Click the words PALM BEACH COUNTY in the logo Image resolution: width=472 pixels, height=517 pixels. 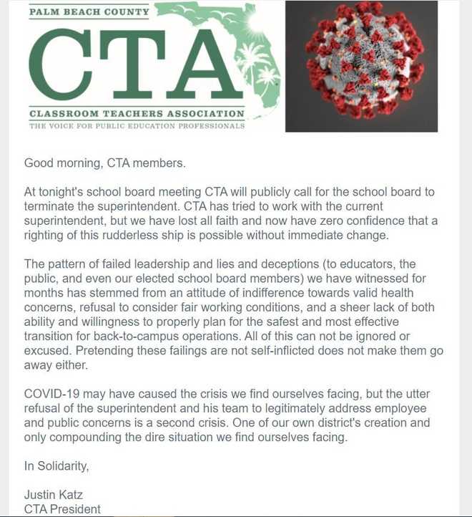click(90, 12)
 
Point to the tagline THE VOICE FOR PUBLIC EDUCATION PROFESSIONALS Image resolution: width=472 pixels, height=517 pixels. click(137, 125)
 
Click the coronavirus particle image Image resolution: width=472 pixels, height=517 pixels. click(361, 66)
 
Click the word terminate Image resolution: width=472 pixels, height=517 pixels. click(51, 206)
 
